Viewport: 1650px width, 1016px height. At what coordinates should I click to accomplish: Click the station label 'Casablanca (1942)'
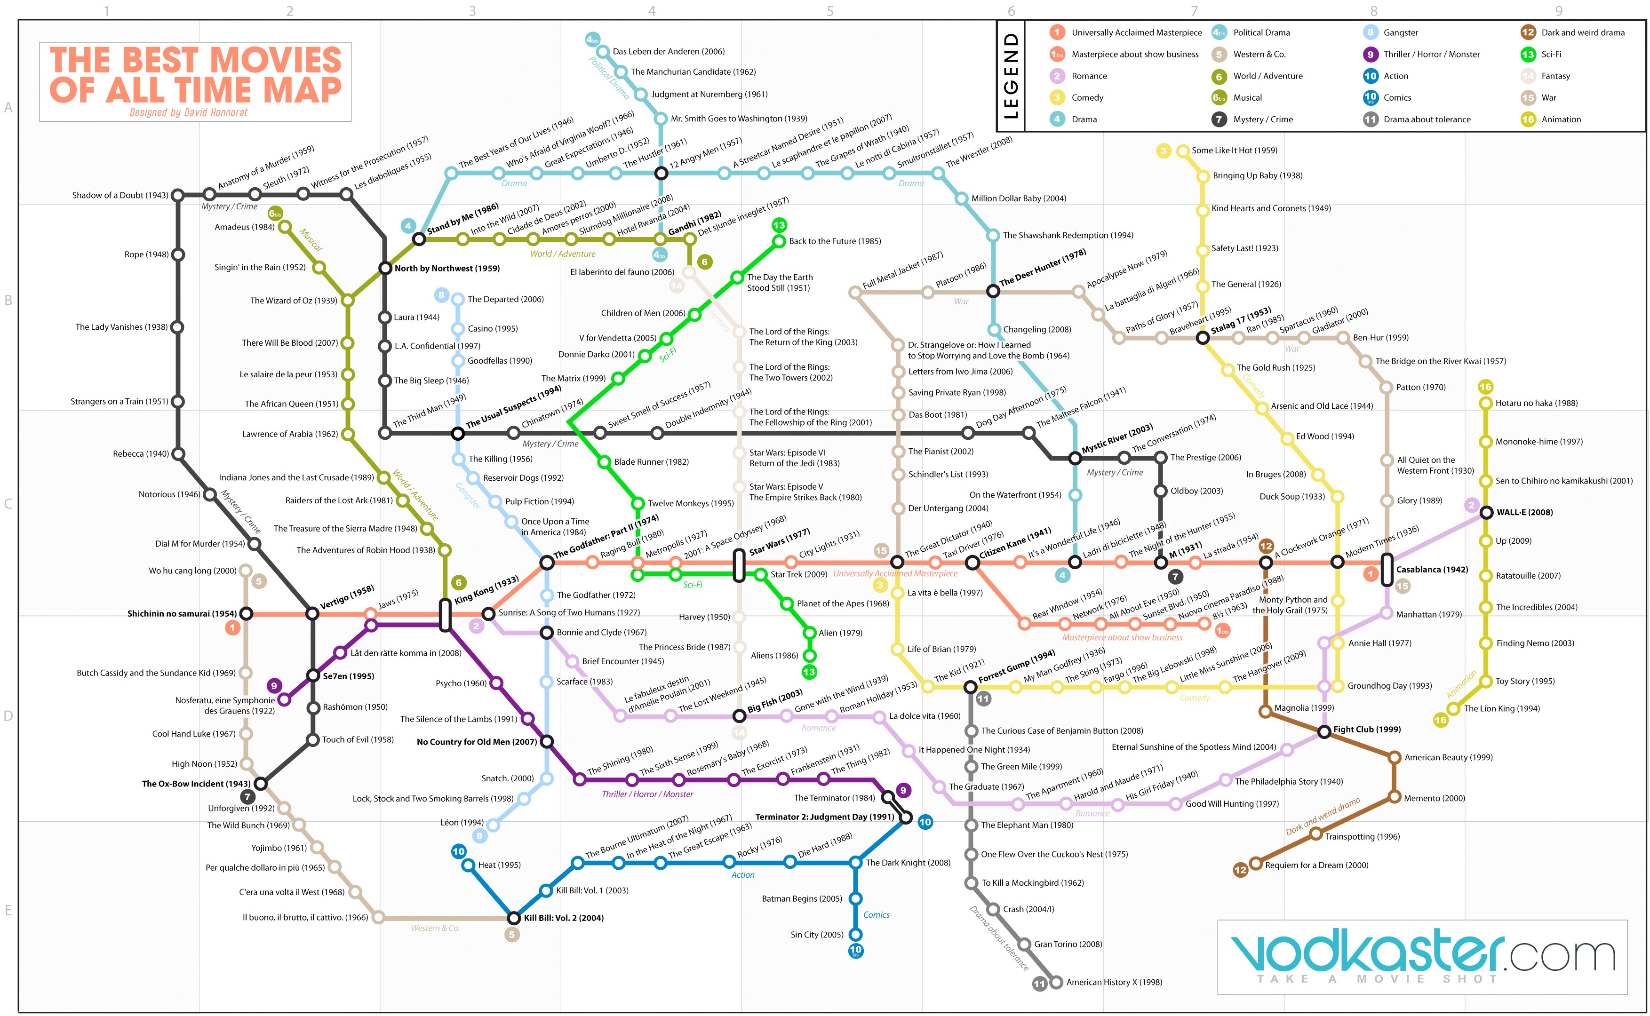coord(1432,569)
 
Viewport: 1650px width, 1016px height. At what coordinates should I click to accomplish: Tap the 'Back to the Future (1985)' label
coord(835,241)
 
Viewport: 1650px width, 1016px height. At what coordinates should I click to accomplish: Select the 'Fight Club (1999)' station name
coord(1367,729)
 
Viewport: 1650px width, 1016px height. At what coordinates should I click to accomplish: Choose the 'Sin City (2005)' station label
coord(817,934)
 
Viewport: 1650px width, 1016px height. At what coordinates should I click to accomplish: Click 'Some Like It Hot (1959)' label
coord(1235,151)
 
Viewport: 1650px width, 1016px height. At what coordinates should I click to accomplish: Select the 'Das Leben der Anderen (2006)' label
coord(669,51)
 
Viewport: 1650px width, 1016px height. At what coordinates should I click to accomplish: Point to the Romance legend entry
coord(1079,76)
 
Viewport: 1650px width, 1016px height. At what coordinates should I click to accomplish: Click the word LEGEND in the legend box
coord(1010,76)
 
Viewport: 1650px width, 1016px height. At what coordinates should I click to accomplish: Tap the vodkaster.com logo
coord(1422,956)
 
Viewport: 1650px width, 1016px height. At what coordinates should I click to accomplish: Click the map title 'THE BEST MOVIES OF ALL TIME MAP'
coord(196,75)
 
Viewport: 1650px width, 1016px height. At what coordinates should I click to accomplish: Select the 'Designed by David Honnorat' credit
coord(189,113)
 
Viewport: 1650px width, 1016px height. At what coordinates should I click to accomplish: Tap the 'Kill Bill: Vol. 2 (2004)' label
coord(564,918)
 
